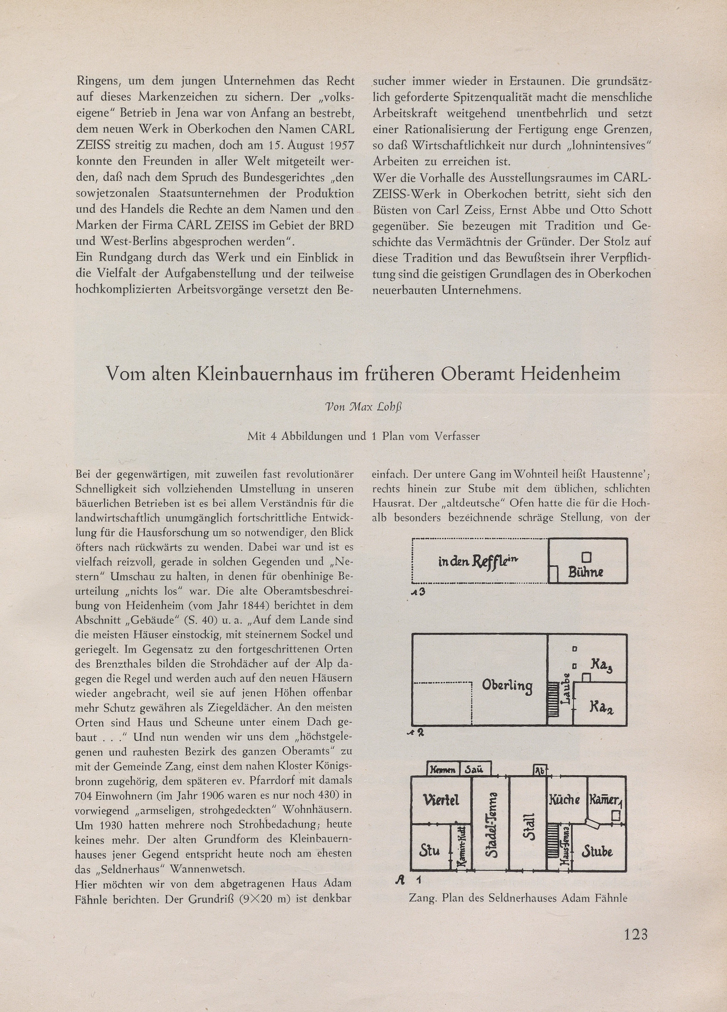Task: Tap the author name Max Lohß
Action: pos(363,406)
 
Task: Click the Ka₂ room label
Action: pos(601,707)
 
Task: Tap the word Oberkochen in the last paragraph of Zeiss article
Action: pos(619,273)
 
